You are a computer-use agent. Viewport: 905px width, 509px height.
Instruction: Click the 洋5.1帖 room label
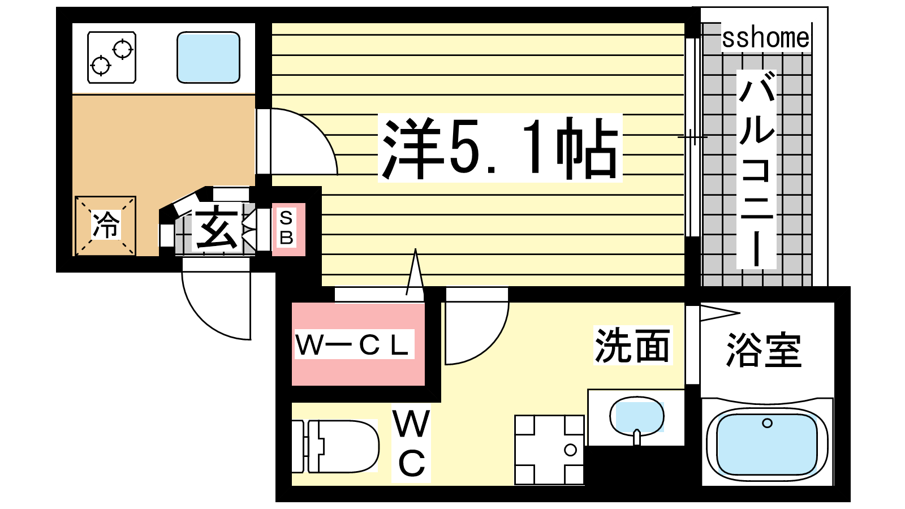coord(500,148)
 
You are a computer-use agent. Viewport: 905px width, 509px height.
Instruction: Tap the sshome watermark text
coord(766,38)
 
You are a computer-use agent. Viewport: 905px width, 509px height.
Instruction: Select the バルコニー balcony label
coord(756,169)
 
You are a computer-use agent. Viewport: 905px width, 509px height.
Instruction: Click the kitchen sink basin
coord(209,57)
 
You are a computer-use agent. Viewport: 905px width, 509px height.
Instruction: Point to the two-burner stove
coord(112,57)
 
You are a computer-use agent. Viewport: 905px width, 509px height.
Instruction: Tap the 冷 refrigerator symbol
coord(105,226)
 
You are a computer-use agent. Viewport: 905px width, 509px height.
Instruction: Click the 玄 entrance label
coord(217,227)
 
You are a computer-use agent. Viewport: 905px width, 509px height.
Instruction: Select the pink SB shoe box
coord(288,229)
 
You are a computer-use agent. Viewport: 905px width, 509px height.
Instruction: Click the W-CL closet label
coord(354,344)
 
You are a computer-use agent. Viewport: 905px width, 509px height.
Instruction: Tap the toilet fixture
coord(335,446)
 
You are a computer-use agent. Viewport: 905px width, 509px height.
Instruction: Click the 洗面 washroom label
coord(633,346)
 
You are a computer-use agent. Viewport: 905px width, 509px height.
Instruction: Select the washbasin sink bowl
coord(637,416)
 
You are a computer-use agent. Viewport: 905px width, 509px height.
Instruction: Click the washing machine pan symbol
coord(549,450)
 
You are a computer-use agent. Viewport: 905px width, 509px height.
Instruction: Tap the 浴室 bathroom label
coord(764,350)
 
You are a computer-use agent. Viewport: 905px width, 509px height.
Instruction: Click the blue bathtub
coord(767,444)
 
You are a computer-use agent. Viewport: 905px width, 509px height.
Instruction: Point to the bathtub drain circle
coord(767,424)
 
